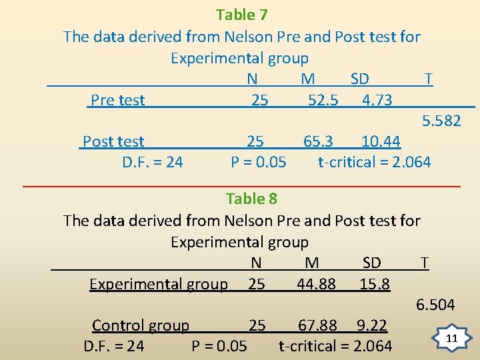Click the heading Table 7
(241, 15)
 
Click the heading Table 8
(251, 199)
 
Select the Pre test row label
(117, 100)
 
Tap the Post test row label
(113, 141)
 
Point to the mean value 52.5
(323, 100)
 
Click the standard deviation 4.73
(377, 100)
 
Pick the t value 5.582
(441, 121)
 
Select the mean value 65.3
(318, 141)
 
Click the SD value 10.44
(381, 141)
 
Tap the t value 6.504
(435, 305)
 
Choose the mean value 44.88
(316, 284)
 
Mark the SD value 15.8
(375, 284)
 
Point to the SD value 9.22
(371, 325)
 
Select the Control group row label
(141, 325)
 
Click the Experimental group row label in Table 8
(159, 284)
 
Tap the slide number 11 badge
(451, 339)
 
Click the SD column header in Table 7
(359, 79)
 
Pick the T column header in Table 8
(424, 263)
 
